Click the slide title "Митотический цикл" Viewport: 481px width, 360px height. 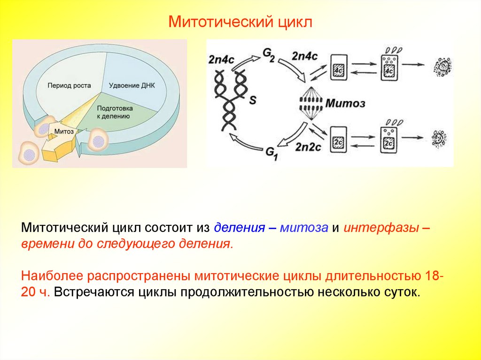point(240,22)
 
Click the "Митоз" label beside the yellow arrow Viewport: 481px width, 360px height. point(64,131)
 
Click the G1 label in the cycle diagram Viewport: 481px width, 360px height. point(272,153)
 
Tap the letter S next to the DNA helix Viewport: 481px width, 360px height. point(252,100)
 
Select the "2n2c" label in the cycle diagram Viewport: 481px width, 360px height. point(308,146)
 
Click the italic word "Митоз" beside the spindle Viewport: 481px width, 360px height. point(345,103)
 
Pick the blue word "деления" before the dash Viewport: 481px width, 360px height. point(238,229)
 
